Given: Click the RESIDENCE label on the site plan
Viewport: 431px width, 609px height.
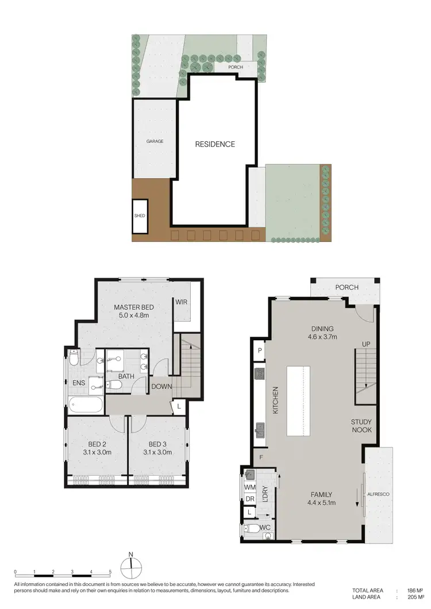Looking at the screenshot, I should point(215,144).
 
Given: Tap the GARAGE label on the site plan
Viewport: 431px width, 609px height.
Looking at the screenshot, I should point(155,141).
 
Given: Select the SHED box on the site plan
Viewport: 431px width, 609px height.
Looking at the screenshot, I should point(140,215).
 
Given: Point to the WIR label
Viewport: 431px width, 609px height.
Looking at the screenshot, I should point(182,302).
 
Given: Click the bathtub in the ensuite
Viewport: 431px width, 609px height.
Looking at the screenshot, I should point(86,405).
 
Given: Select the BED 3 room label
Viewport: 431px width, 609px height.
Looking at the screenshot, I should point(158,444).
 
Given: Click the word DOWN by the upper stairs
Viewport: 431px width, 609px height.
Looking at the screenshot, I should point(161,387).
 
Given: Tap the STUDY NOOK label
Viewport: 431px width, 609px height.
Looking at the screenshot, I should point(362,426).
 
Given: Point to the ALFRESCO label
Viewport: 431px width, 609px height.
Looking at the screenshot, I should point(379,493).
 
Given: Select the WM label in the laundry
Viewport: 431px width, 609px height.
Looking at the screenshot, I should point(249,487).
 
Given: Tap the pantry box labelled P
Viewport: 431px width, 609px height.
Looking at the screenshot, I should point(260,350).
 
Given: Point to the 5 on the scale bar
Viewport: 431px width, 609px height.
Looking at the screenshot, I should point(110,573).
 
